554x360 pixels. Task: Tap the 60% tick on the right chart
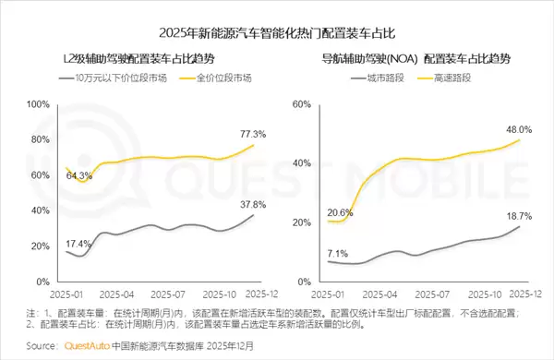(x=303, y=104)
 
